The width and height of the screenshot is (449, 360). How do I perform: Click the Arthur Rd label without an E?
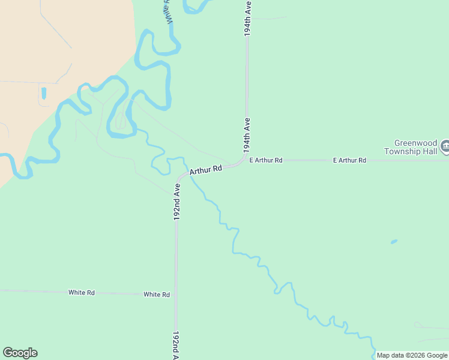pyautogui.click(x=206, y=170)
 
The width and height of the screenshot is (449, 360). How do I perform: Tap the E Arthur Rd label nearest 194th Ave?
pyautogui.click(x=265, y=160)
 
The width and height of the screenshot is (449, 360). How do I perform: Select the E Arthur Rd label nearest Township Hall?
pyautogui.click(x=349, y=160)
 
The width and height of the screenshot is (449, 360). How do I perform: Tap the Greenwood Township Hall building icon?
pyautogui.click(x=445, y=146)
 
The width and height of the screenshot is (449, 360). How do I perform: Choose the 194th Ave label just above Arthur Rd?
pyautogui.click(x=247, y=134)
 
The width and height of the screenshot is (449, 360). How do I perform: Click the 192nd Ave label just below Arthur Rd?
pyautogui.click(x=177, y=202)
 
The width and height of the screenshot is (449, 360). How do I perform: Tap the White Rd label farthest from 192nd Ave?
pyautogui.click(x=81, y=293)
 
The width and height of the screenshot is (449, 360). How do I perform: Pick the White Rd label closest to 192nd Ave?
pyautogui.click(x=157, y=295)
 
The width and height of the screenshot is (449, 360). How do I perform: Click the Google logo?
pyautogui.click(x=20, y=353)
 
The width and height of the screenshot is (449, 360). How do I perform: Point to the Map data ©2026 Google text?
pyautogui.click(x=411, y=355)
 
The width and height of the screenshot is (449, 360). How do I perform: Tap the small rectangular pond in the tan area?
pyautogui.click(x=43, y=94)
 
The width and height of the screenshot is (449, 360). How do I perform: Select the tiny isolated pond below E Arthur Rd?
pyautogui.click(x=394, y=242)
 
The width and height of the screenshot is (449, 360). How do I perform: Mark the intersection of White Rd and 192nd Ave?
pyautogui.click(x=176, y=295)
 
